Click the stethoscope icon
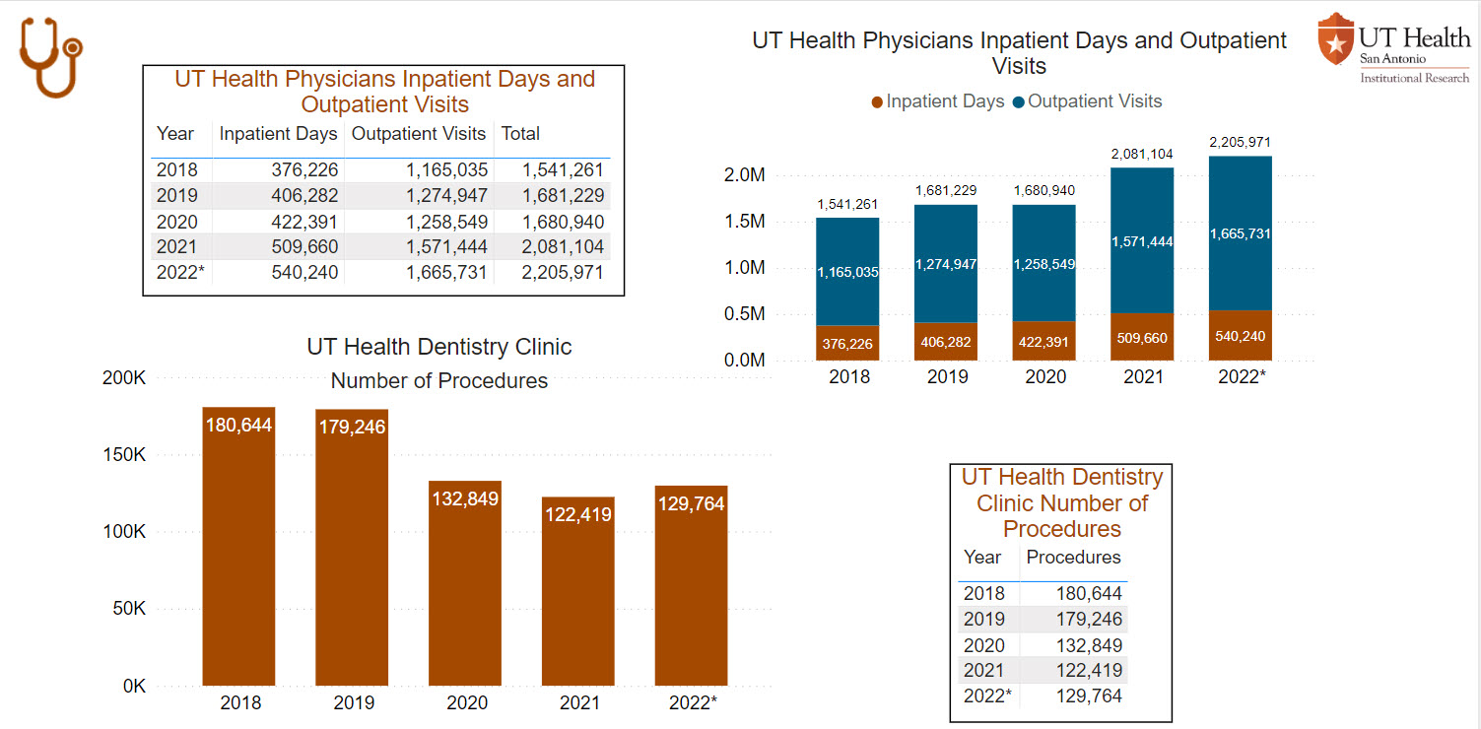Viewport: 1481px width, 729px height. [50, 57]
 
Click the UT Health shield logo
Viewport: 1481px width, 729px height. [1335, 39]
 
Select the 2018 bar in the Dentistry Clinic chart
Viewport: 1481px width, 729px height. [238, 547]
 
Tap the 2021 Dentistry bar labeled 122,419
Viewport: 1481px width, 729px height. [577, 591]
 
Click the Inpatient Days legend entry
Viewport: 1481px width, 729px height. [937, 101]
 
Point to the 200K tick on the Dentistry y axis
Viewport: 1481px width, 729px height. [124, 378]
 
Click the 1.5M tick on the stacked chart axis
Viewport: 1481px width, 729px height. [745, 222]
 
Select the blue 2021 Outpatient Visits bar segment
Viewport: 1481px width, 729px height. [1142, 240]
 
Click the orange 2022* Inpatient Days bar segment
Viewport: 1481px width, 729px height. [1241, 336]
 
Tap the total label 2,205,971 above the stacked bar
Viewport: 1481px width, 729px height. [1241, 143]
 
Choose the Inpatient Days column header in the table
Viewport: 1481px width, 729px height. [278, 134]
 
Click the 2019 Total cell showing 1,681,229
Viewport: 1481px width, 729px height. [562, 195]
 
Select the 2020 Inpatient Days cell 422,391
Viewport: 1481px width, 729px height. [304, 222]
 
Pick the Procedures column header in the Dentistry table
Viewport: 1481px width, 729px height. [1073, 558]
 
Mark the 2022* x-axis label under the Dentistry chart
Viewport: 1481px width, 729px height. [693, 703]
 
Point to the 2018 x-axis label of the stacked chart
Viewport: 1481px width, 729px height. [848, 376]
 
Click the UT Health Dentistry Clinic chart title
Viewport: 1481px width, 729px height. [438, 347]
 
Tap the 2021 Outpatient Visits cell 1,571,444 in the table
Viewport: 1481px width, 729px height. [447, 247]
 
